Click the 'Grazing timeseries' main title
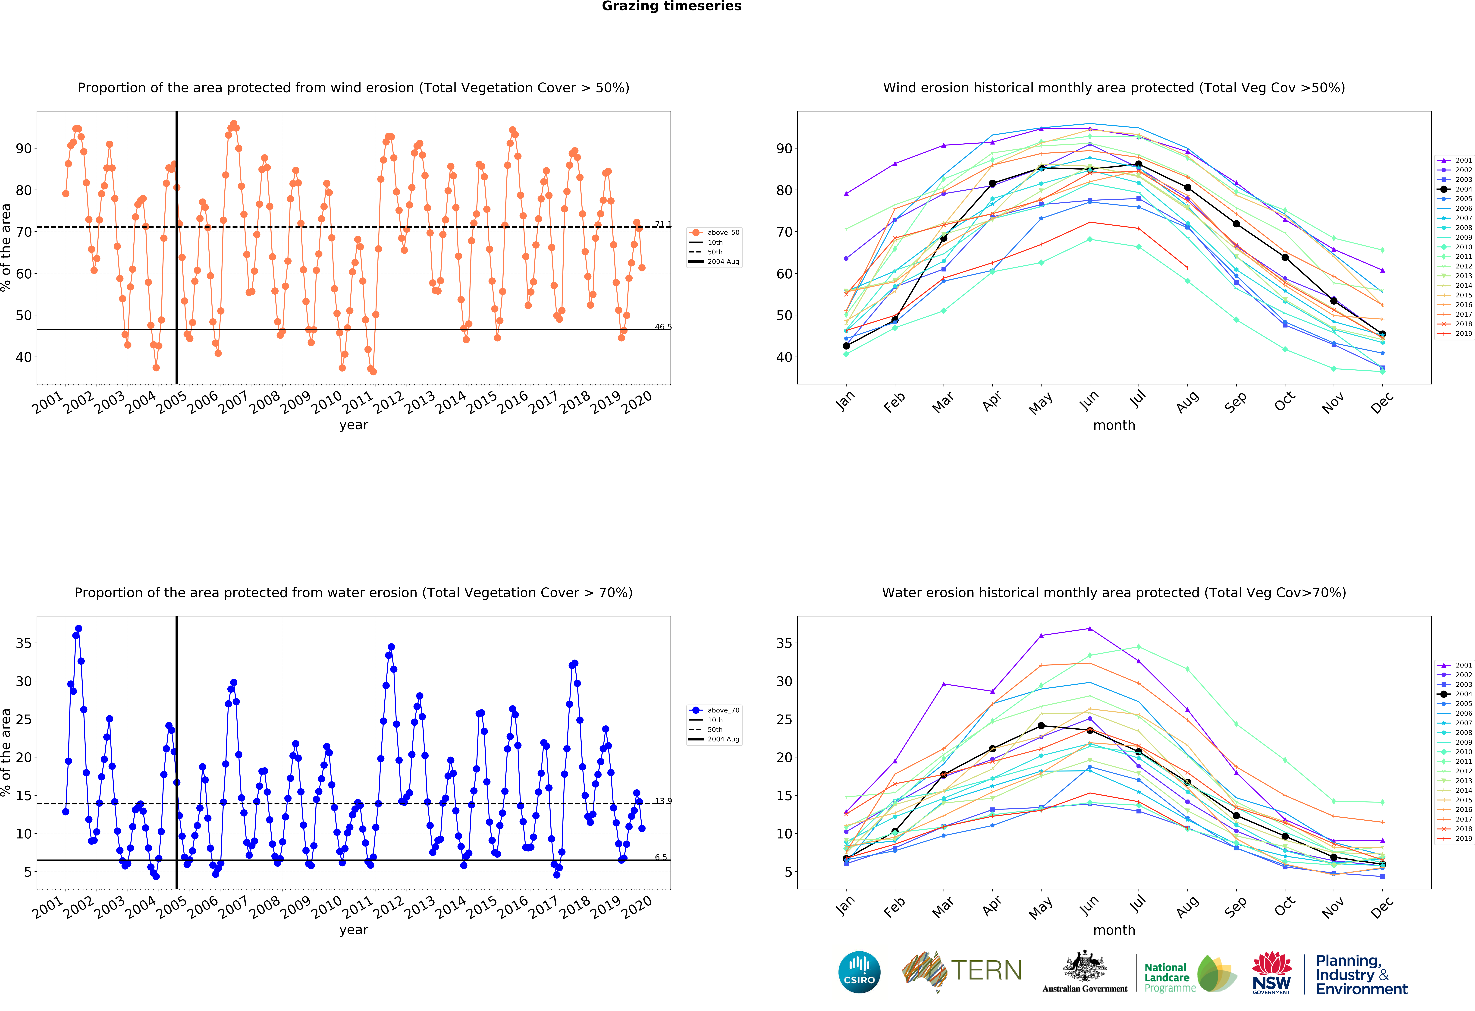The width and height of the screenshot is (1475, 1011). pyautogui.click(x=672, y=6)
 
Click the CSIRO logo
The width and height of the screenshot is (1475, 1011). pyautogui.click(x=859, y=972)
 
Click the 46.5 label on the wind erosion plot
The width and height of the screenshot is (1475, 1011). pyautogui.click(x=663, y=327)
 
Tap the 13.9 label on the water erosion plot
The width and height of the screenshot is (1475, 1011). pyautogui.click(x=663, y=801)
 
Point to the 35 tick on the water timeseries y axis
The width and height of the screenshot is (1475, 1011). pyautogui.click(x=23, y=643)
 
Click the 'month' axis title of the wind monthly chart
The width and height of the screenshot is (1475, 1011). pyautogui.click(x=1114, y=425)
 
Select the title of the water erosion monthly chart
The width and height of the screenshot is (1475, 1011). pyautogui.click(x=1114, y=593)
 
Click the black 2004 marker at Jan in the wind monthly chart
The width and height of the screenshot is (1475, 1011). pyautogui.click(x=846, y=346)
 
